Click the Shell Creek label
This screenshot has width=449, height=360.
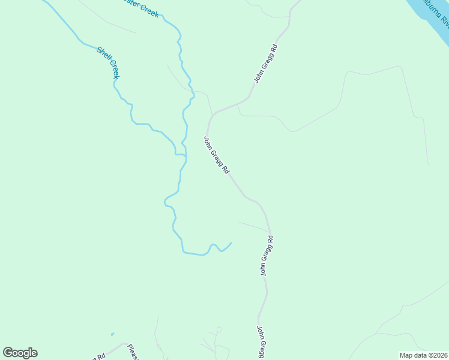coord(108,62)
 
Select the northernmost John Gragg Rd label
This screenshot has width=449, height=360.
coord(266,63)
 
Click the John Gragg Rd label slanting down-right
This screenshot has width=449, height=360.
coord(216,155)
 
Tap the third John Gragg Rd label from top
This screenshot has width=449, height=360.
coord(267,256)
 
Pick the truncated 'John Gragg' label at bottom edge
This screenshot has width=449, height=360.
coord(262,343)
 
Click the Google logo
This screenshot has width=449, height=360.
coord(20,353)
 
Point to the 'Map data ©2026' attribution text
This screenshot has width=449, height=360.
coord(423,355)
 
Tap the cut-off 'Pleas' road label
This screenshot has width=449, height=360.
coord(133,352)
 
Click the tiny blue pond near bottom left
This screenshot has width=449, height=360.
coord(112,334)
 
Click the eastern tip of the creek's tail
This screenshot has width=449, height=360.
coord(232,242)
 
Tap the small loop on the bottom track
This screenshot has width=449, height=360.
coord(218,329)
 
